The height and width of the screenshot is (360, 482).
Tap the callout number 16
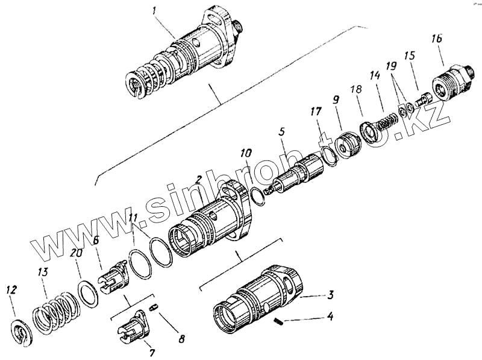coord(436,39)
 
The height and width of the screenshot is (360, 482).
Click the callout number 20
coord(76,254)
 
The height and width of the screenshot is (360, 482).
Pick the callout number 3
coord(330,295)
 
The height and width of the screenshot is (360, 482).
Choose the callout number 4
coord(330,315)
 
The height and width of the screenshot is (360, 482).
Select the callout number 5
coord(281,131)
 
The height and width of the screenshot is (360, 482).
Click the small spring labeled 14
coord(383,121)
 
